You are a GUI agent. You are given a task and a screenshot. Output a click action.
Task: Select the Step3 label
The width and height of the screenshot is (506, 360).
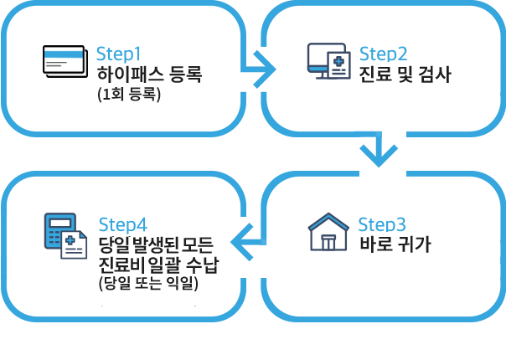click(381, 224)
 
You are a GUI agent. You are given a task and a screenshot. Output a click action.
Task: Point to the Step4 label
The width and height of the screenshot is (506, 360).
click(122, 224)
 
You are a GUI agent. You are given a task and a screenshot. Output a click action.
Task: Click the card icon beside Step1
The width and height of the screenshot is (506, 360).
click(63, 55)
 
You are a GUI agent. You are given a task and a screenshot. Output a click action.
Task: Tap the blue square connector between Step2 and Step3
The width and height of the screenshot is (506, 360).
click(374, 150)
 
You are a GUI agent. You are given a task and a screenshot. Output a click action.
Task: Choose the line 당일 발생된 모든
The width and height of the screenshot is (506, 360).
click(156, 244)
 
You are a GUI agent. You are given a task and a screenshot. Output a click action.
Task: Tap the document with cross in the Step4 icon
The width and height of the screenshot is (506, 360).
click(75, 246)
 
